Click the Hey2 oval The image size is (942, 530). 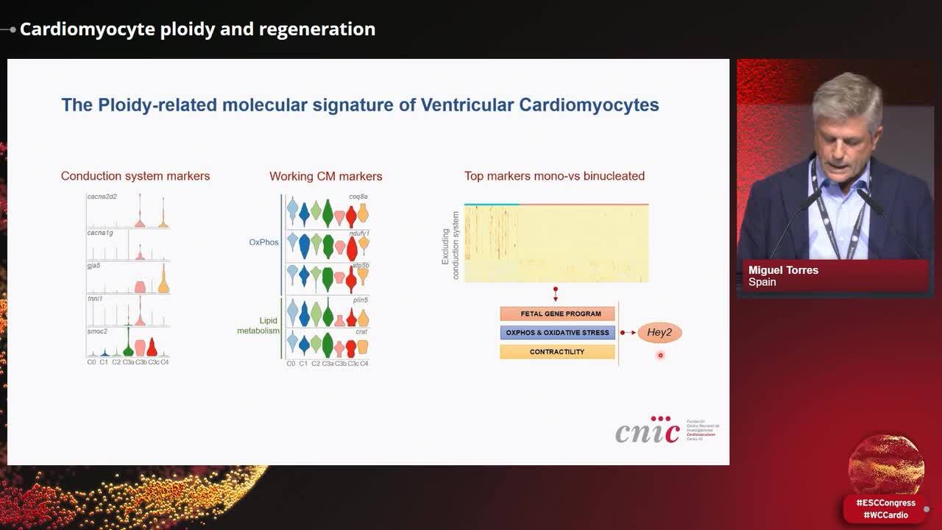(x=659, y=333)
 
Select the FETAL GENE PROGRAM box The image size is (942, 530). (x=557, y=314)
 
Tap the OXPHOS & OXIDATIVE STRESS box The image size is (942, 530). (x=557, y=333)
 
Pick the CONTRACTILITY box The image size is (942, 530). (x=557, y=352)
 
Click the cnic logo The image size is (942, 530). (x=648, y=430)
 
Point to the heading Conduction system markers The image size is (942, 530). (x=135, y=176)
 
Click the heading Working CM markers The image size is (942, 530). (x=325, y=176)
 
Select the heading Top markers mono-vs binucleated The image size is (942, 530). (x=554, y=176)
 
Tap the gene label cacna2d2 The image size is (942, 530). (x=102, y=197)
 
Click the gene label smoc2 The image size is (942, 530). (x=97, y=331)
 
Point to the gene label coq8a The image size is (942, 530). (x=358, y=197)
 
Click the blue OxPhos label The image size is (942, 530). (x=263, y=242)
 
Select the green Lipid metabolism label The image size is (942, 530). (x=258, y=326)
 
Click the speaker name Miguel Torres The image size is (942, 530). (x=783, y=270)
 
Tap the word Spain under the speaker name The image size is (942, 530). (x=762, y=282)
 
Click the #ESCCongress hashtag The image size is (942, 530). (x=885, y=503)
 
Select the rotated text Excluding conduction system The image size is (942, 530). (x=450, y=245)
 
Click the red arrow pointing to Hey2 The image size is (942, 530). (x=628, y=333)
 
